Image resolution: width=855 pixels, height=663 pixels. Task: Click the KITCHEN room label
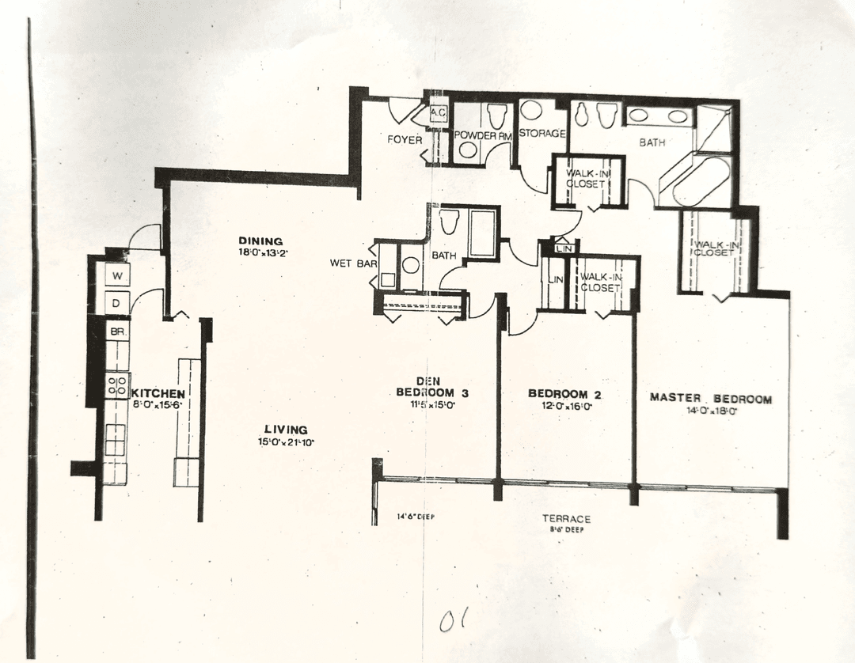click(x=158, y=393)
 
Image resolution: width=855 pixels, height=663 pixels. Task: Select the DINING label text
click(x=260, y=241)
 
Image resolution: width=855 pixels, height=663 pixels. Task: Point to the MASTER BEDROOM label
click(x=710, y=398)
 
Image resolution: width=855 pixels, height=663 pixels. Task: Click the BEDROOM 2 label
click(x=558, y=394)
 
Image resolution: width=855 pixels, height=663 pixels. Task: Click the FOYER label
click(x=404, y=140)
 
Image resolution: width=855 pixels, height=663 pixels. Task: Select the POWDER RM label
click(x=483, y=136)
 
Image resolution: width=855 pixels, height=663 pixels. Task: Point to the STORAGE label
click(x=542, y=134)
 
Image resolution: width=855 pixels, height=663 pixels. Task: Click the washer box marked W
click(x=116, y=276)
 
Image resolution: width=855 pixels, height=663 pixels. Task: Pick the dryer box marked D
click(x=116, y=303)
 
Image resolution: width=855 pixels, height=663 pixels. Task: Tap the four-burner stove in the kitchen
click(x=117, y=387)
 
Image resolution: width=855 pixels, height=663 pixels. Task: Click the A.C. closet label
click(x=438, y=114)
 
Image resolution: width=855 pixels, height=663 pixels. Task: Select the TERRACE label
click(x=566, y=519)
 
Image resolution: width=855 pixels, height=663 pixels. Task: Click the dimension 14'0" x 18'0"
click(x=710, y=411)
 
